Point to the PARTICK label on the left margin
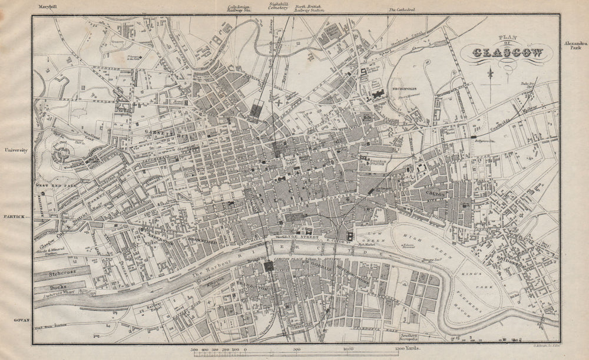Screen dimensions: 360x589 pos(14,217)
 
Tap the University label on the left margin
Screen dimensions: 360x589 pos(16,150)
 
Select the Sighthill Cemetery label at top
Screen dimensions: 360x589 pos(276,8)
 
